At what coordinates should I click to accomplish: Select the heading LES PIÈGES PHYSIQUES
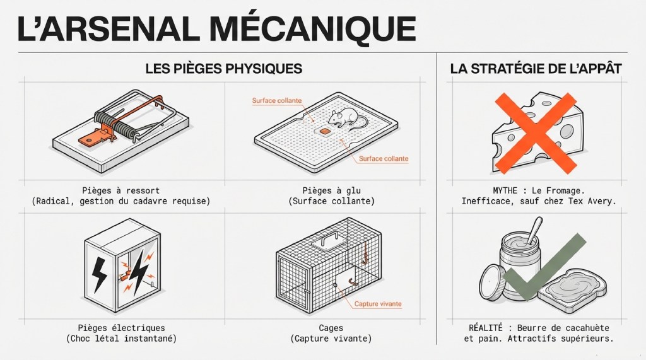pos(224,68)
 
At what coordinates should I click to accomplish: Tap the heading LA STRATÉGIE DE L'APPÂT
pos(536,68)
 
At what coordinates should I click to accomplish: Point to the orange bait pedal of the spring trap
pos(93,137)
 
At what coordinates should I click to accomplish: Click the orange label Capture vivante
pos(378,304)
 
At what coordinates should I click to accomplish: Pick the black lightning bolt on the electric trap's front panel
pos(99,274)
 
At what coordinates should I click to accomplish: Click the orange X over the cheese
pos(536,132)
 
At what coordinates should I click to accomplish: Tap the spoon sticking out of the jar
pos(534,231)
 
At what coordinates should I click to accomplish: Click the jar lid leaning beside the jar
pos(492,282)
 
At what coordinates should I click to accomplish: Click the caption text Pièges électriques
pos(122,328)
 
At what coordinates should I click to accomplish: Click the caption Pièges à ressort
pos(120,190)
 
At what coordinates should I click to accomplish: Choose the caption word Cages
pos(331,328)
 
